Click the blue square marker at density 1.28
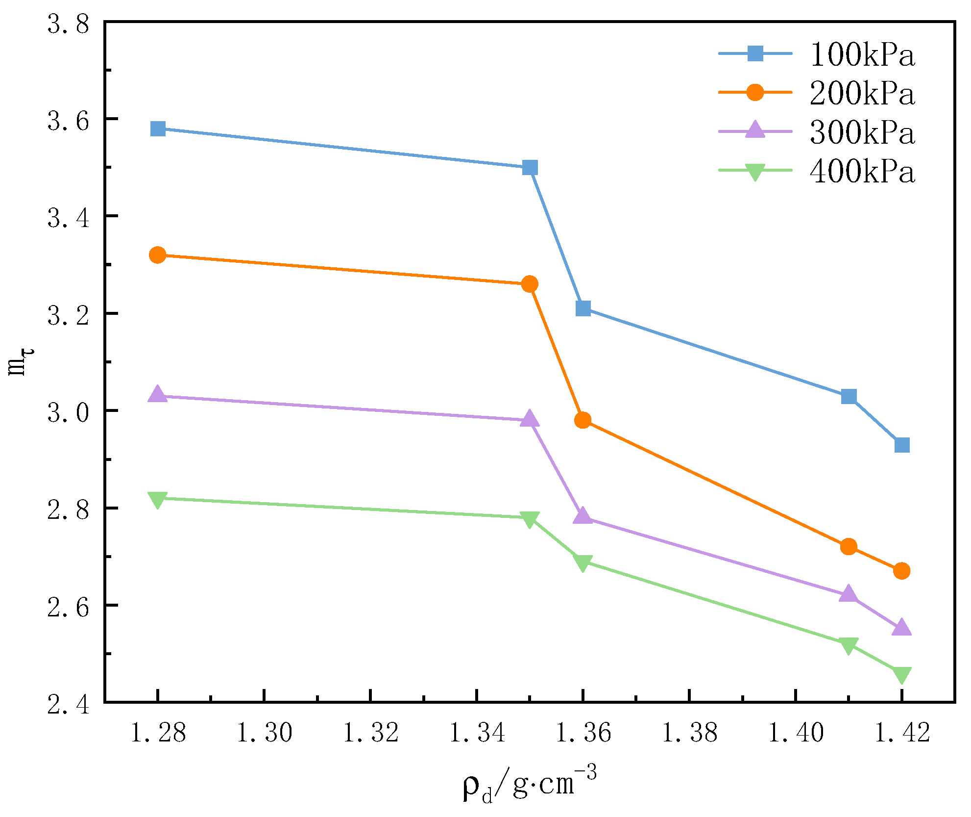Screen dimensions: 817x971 (x=158, y=129)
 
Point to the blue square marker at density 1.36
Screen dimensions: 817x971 (x=583, y=308)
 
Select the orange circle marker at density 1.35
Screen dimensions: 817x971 (x=530, y=284)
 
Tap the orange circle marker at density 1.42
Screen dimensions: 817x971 (x=902, y=571)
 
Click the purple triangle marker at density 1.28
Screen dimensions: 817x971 (x=158, y=394)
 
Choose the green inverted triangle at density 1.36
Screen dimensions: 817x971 (x=583, y=563)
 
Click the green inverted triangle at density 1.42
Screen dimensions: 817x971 (x=902, y=675)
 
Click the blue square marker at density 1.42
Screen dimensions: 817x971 (x=902, y=445)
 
